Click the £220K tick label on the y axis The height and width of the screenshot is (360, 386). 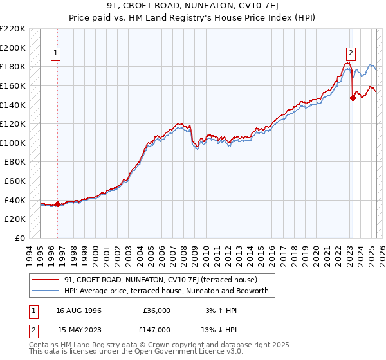pos(12,29)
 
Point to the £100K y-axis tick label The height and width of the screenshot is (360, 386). pos(12,143)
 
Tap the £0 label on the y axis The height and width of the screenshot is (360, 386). pos(19,238)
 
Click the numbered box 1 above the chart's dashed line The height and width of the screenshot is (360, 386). pos(57,53)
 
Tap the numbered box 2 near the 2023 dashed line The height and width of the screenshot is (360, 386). pos(351,53)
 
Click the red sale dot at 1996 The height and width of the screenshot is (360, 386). pos(57,204)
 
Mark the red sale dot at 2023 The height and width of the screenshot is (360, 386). pos(352,98)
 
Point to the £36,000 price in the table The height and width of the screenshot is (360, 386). pos(156,310)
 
